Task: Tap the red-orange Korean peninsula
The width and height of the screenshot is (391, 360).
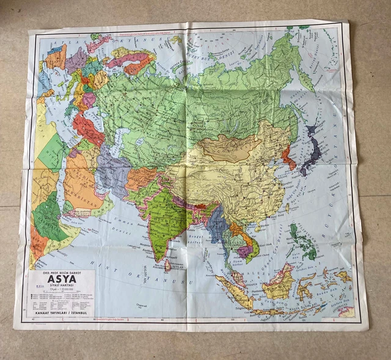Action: tap(287, 156)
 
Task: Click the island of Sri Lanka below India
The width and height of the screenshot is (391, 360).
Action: tap(167, 265)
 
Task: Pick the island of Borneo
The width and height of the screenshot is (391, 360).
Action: tap(279, 285)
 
